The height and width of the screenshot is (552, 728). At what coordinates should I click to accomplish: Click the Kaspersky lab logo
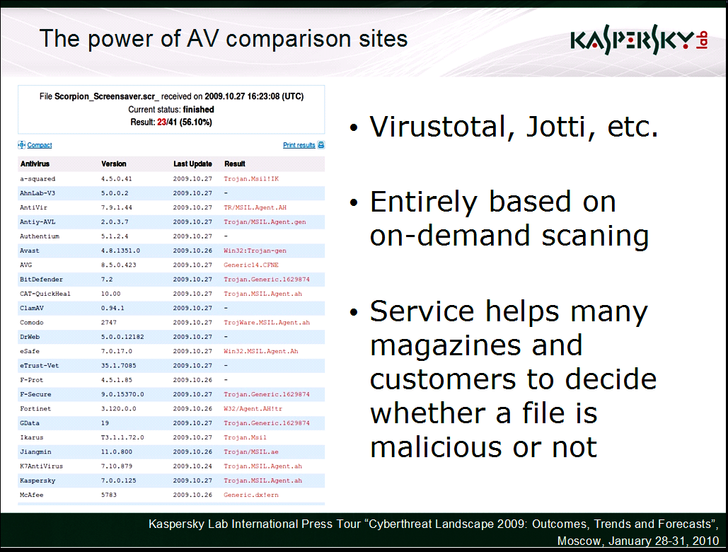coord(639,40)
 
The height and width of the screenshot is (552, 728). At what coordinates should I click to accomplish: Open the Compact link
coord(40,145)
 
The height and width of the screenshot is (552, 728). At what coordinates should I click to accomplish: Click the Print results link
coord(299,145)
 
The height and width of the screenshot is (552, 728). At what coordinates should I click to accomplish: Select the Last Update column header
coord(192,164)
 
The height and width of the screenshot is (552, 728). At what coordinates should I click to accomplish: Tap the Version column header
coord(114,164)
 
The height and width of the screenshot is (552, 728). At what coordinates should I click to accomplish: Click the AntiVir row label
coord(33,207)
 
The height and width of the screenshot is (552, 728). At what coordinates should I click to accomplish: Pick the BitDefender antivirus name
coord(41,280)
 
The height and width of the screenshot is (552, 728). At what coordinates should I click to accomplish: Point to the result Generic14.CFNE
coord(251,265)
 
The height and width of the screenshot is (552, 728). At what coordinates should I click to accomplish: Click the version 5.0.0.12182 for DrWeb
coord(122,337)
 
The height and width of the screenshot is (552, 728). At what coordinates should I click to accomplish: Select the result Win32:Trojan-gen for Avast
coord(255,251)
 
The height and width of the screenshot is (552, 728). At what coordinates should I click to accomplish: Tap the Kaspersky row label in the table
coord(37,481)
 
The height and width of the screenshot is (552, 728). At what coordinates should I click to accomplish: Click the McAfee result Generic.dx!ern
coord(251,495)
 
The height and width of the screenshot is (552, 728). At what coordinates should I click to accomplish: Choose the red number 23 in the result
coord(161,122)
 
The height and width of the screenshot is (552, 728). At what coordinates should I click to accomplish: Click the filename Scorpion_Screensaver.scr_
coord(107,96)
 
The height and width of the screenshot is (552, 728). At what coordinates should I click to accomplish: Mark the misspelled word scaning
coord(595,236)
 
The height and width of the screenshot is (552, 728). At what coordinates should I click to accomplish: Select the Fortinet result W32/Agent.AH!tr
coord(253,408)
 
